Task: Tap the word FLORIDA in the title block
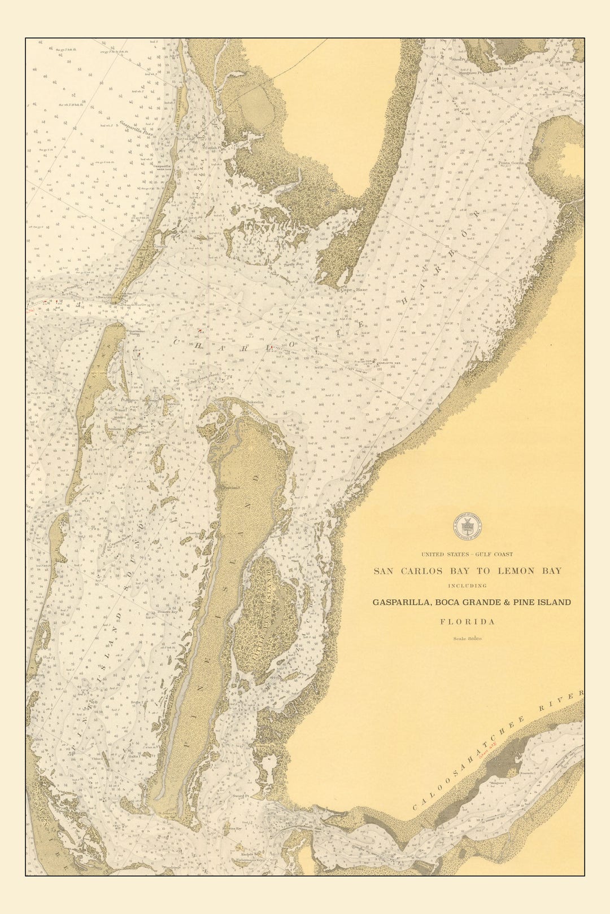click(467, 622)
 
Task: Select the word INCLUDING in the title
click(467, 586)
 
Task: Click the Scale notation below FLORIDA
click(467, 639)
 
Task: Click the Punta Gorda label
click(511, 163)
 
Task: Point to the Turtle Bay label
click(294, 264)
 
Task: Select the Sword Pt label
click(242, 796)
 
